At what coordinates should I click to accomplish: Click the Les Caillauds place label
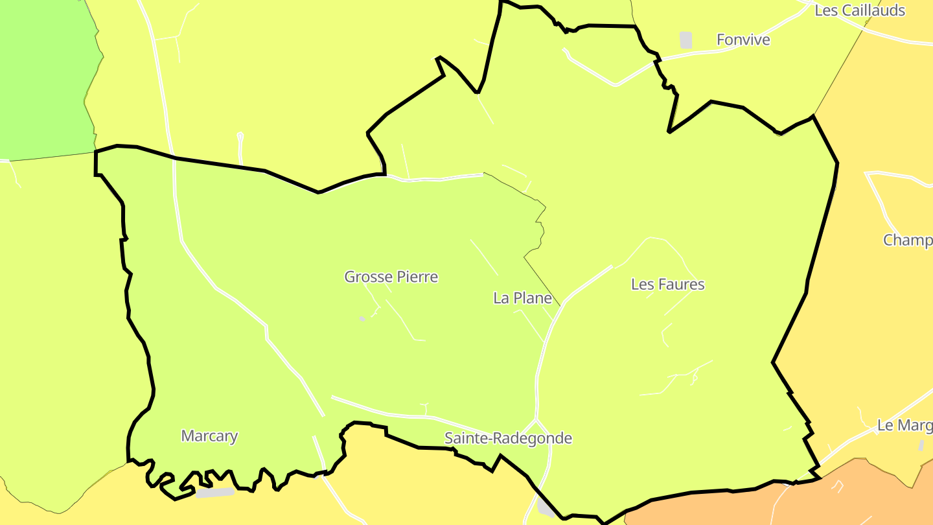click(x=859, y=10)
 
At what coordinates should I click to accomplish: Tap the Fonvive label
click(x=743, y=40)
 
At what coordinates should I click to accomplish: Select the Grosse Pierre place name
click(x=391, y=277)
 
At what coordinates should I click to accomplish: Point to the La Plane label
click(x=522, y=298)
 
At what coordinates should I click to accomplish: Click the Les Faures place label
click(x=667, y=285)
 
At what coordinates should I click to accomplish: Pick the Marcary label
click(x=209, y=436)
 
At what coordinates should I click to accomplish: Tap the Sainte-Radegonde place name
click(x=508, y=439)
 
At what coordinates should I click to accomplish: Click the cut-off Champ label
click(x=907, y=240)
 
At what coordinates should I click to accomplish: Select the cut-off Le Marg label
click(x=904, y=426)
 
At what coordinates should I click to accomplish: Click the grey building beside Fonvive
click(x=685, y=40)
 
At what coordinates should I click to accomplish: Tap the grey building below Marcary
click(x=214, y=493)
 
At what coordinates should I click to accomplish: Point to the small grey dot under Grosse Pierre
click(x=362, y=318)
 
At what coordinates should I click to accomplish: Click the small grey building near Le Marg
click(x=921, y=446)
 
